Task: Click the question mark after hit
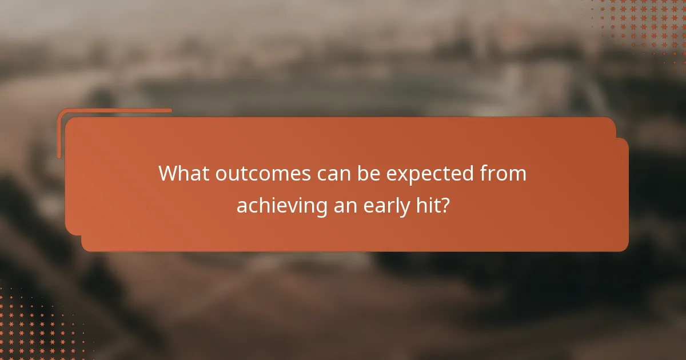pos(444,205)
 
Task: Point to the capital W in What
pos(169,173)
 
